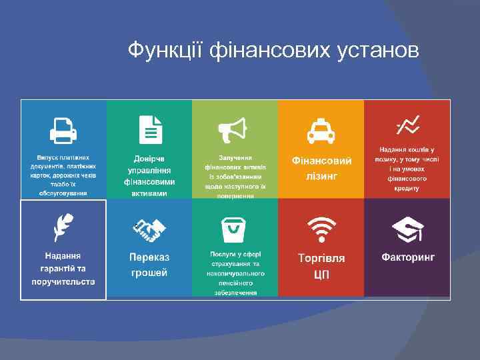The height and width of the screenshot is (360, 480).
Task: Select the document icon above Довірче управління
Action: tap(149, 129)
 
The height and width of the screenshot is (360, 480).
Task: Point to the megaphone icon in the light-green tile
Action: tap(235, 129)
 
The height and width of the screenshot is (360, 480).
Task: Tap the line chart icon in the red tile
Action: tap(407, 124)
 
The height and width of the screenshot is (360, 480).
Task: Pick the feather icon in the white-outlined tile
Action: tap(63, 227)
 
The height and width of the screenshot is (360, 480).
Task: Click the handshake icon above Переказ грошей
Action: tap(149, 231)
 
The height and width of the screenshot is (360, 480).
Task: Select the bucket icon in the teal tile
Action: tap(235, 230)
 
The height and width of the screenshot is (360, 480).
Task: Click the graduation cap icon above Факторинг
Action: tap(407, 230)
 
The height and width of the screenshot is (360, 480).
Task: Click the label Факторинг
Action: tap(408, 257)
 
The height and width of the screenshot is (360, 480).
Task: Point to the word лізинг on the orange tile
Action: tap(321, 176)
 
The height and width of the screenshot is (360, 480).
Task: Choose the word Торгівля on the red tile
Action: tap(321, 257)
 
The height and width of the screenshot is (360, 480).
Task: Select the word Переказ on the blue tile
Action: tap(149, 257)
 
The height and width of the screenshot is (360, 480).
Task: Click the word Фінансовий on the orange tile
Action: tap(321, 161)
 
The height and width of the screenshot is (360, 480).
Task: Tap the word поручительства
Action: tap(63, 281)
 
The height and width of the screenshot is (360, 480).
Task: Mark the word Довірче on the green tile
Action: tap(149, 159)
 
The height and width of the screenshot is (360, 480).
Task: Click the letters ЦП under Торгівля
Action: tap(321, 273)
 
